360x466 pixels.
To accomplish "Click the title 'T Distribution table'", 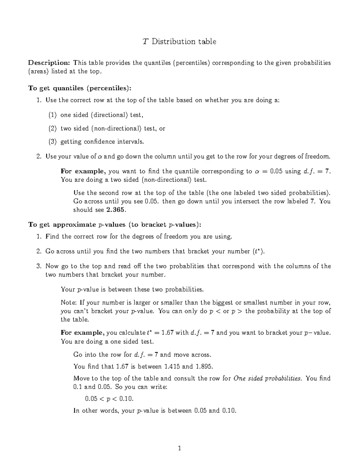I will (179, 41).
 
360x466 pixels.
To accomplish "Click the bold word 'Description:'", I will (49, 63).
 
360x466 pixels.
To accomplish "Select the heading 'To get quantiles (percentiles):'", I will (80, 88).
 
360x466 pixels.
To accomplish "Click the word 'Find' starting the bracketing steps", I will (52, 236).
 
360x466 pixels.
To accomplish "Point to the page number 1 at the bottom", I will (179, 449).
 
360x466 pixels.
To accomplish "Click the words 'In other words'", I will (96, 411).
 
